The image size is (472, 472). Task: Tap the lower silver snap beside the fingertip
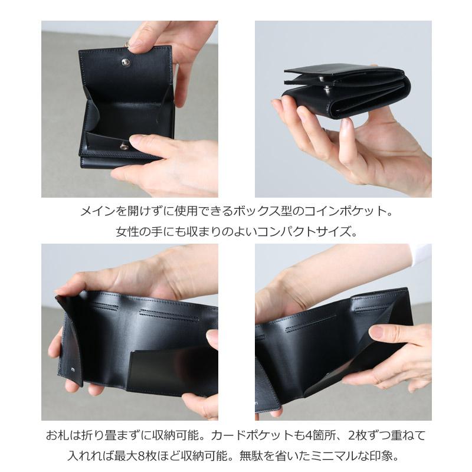point(124,146)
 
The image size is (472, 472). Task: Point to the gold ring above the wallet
point(126,43)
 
